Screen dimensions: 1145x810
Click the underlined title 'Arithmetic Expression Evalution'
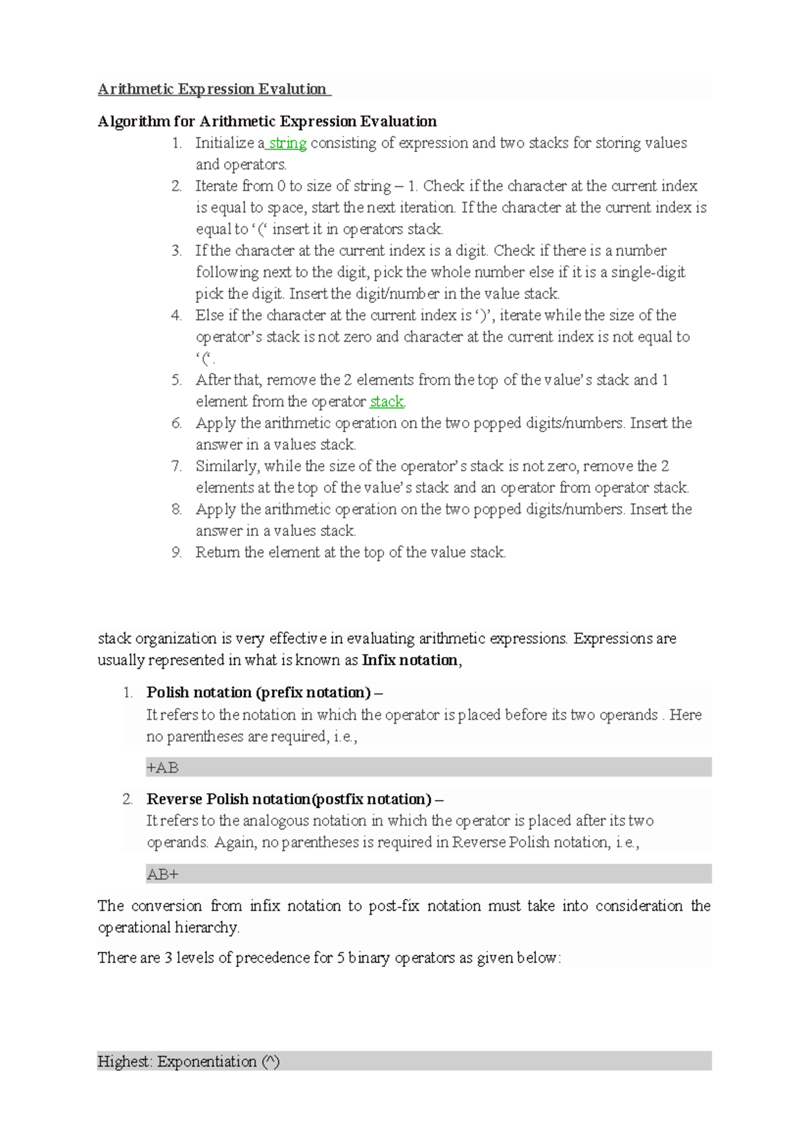tap(212, 89)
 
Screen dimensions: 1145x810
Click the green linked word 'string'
tap(288, 143)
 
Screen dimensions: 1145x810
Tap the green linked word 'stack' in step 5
tap(386, 402)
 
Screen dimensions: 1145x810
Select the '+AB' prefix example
tap(163, 768)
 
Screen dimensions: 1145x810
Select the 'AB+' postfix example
tap(163, 875)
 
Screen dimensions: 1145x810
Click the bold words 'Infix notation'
tap(410, 660)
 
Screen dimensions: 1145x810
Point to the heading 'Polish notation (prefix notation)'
tap(259, 693)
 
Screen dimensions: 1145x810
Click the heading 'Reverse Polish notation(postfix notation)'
tap(289, 799)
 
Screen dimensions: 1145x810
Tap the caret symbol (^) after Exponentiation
tap(270, 1062)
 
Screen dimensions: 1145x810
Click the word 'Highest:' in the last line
tap(125, 1062)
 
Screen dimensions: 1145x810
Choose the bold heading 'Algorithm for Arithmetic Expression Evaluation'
tap(267, 122)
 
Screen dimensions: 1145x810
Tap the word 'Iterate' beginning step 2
tap(217, 186)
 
